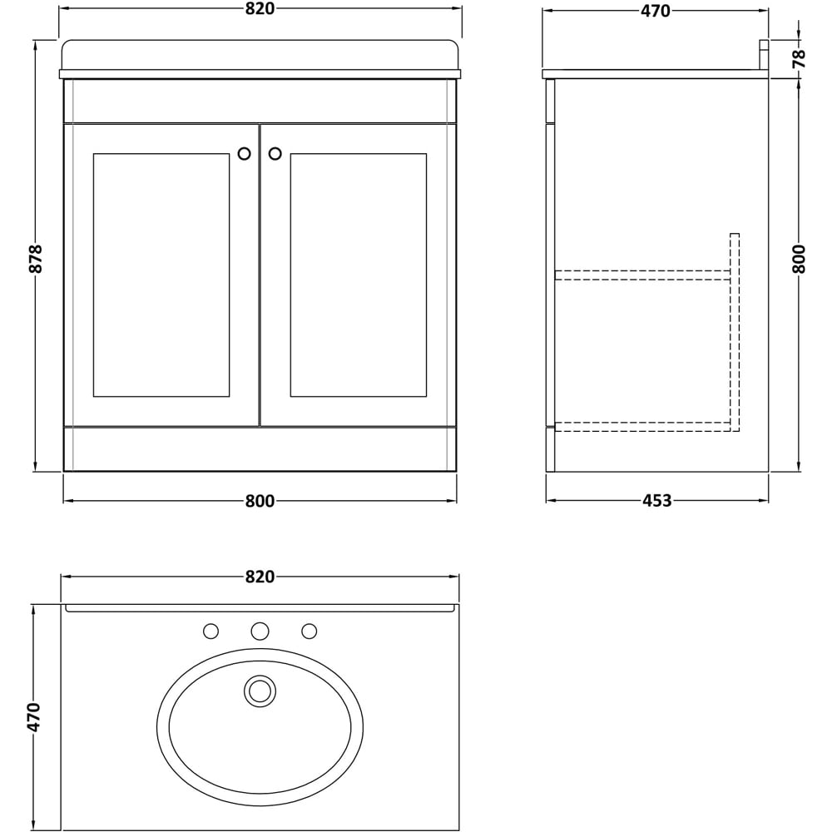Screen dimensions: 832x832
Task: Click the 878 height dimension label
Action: [35, 259]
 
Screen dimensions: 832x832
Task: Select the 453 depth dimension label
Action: [656, 501]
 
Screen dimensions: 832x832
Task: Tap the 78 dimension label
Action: [799, 58]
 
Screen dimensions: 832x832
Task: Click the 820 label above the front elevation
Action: [260, 9]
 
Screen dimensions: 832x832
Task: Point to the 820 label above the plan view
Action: [260, 577]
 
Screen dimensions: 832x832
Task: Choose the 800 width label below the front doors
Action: [260, 501]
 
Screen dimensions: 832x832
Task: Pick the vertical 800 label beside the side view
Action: [799, 259]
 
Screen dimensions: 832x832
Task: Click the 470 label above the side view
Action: [656, 11]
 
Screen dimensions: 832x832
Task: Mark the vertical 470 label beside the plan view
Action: [34, 716]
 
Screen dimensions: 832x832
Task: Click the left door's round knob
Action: [244, 154]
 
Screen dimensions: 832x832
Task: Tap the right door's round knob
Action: [275, 154]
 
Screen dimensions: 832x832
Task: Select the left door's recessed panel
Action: [161, 275]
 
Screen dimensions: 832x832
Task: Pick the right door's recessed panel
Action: [358, 275]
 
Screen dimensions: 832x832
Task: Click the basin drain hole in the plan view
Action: [260, 691]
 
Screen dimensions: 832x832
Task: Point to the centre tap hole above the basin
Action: [260, 631]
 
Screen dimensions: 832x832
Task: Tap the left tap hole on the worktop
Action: [211, 631]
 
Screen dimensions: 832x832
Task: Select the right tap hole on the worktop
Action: [310, 631]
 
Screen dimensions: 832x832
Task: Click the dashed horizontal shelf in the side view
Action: [641, 275]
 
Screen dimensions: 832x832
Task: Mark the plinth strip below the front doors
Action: [260, 449]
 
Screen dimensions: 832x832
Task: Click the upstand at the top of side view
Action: [763, 57]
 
